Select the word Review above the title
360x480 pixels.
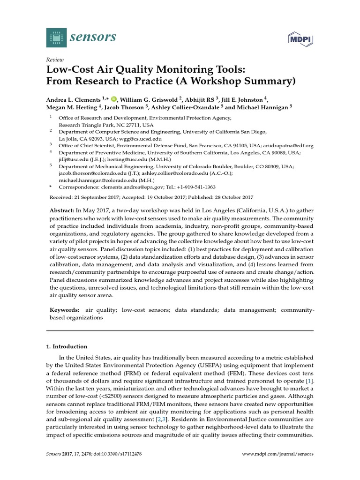(x=54, y=60)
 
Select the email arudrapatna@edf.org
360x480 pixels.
(x=285, y=146)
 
